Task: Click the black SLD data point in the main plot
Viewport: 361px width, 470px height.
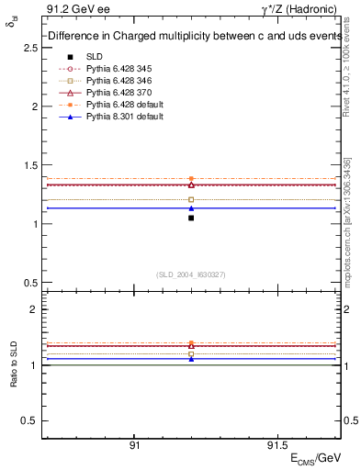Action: (191, 218)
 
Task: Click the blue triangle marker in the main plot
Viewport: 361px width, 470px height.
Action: (191, 208)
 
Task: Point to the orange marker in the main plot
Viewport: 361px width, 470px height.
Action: (191, 179)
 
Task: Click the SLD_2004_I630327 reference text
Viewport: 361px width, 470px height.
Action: (191, 274)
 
